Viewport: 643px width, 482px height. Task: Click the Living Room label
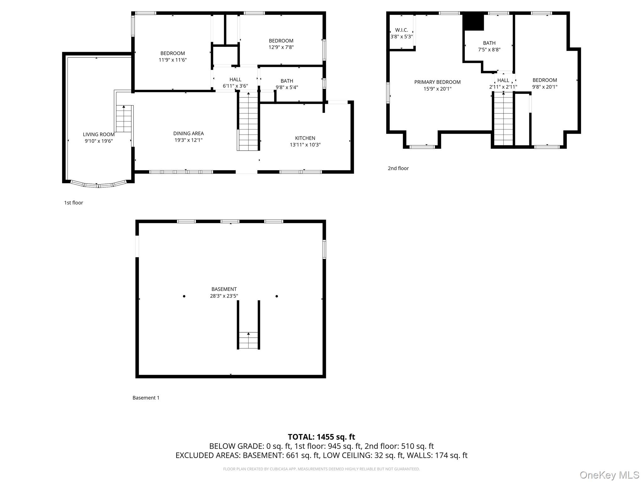99,134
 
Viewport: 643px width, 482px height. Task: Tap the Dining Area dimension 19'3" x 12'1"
188,140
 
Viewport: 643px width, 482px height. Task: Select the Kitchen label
305,138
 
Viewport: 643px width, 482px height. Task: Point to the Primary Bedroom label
437,82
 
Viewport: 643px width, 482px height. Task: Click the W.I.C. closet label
402,30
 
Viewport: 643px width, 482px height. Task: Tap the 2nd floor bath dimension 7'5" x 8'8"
489,50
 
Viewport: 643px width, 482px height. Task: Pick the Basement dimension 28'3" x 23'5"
224,296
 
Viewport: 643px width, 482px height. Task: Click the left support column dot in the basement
184,296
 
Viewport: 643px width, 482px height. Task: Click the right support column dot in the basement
277,296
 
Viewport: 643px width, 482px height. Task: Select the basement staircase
248,340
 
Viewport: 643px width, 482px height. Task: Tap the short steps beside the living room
124,119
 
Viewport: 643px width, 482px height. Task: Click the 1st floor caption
73,203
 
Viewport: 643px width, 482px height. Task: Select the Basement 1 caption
146,398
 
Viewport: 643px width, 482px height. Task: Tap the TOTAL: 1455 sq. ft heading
321,437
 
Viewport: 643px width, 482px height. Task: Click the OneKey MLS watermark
610,475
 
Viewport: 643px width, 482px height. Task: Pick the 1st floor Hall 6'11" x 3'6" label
235,83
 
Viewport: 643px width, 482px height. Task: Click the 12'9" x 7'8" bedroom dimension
281,47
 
